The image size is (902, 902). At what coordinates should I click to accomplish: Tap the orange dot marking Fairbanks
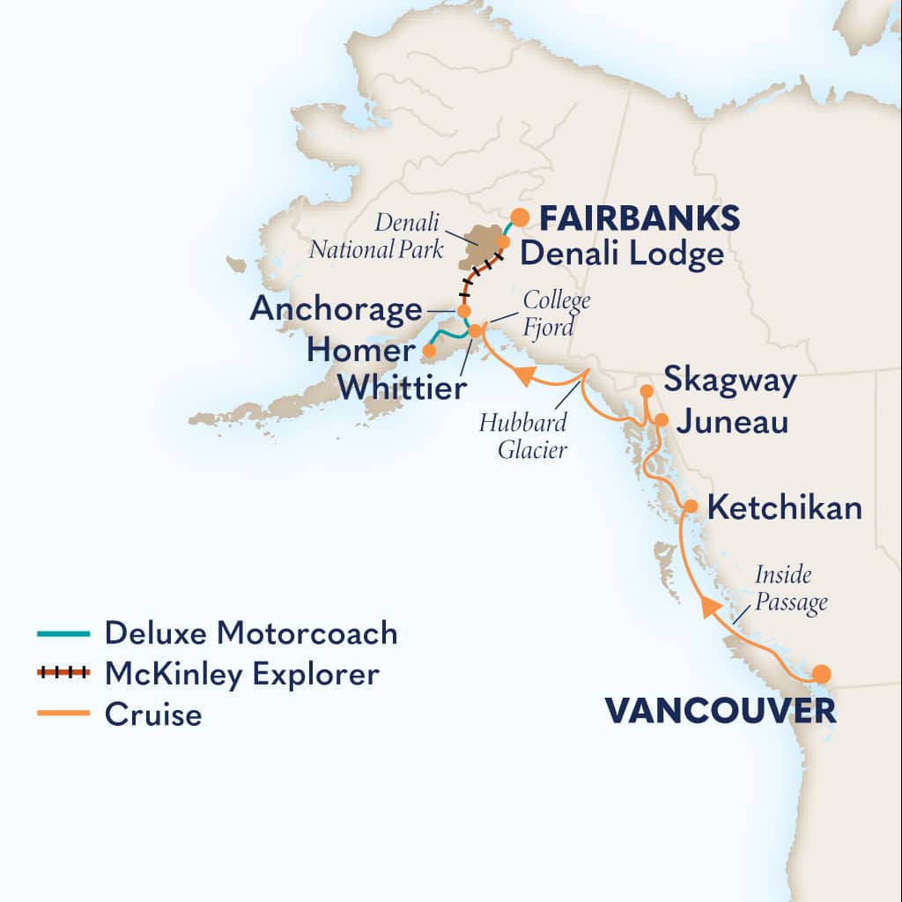(x=520, y=216)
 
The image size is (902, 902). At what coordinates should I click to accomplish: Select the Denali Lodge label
(x=621, y=255)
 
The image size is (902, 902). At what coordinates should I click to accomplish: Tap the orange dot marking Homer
(x=429, y=351)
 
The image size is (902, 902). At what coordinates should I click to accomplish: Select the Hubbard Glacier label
(x=523, y=435)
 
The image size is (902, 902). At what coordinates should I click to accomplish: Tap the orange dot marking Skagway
(x=646, y=390)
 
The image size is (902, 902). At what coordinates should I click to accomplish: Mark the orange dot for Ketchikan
(x=691, y=506)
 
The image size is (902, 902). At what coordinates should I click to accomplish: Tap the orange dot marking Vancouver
(x=821, y=675)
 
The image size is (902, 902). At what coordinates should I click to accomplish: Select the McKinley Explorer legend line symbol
(x=63, y=674)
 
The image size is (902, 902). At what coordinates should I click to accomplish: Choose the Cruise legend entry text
(x=153, y=714)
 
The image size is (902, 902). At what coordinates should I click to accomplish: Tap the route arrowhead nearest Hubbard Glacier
(x=525, y=377)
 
